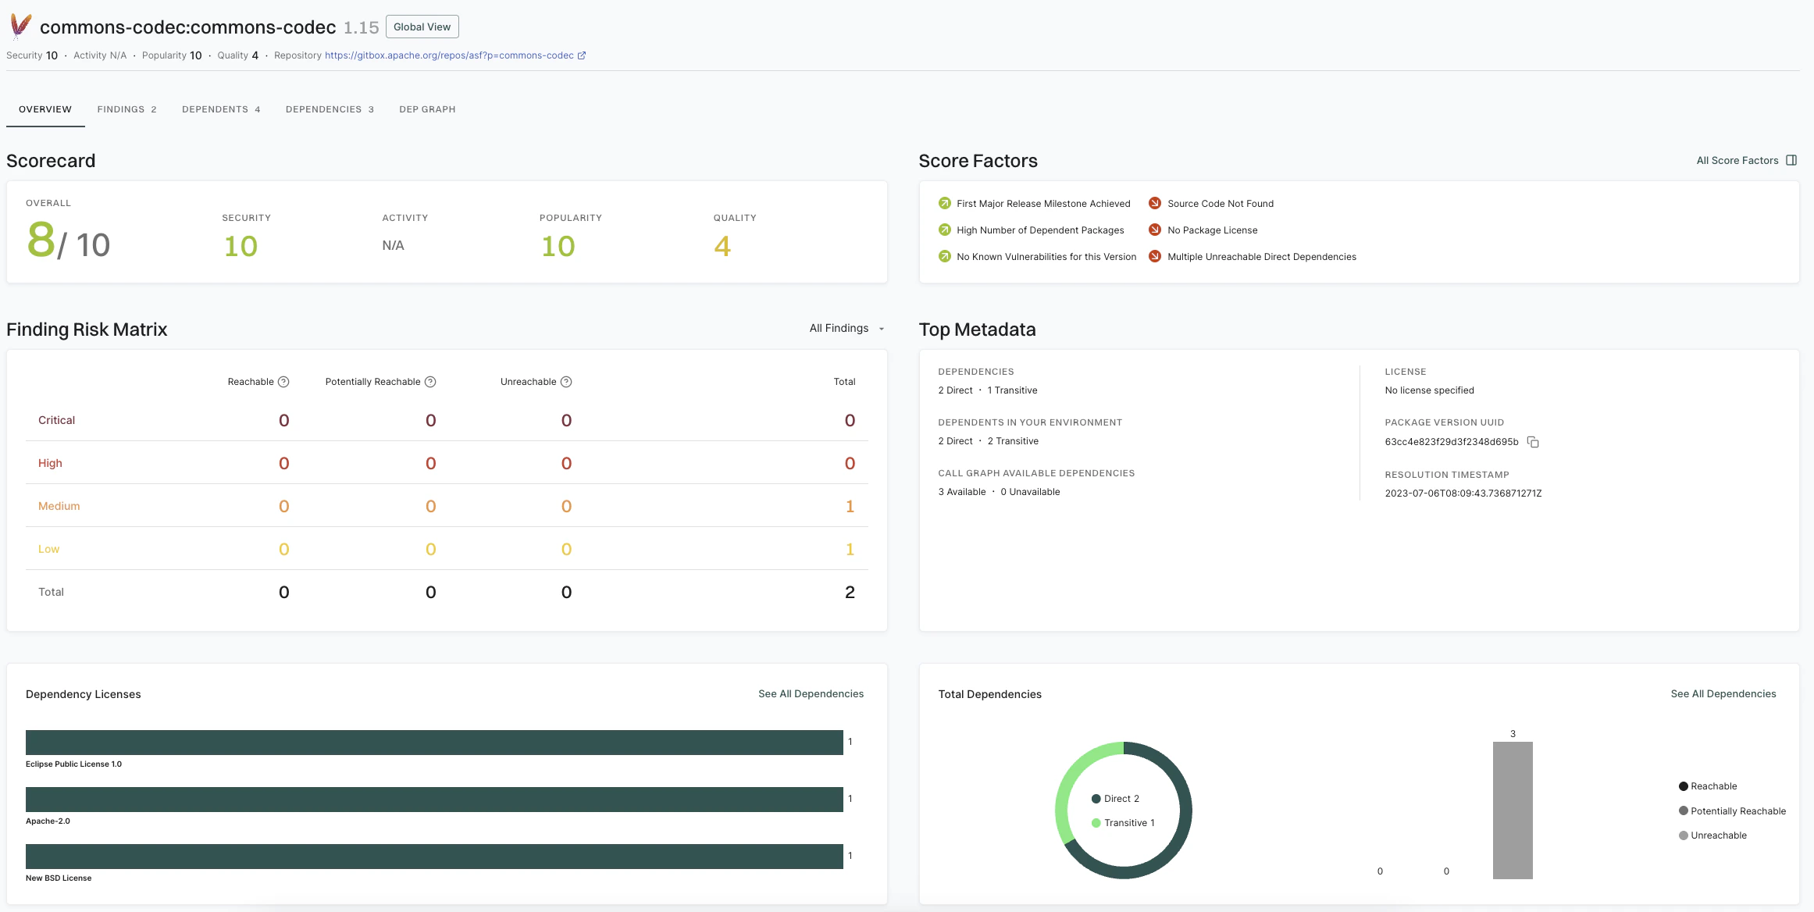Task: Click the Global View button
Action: (422, 27)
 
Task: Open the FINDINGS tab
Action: (127, 109)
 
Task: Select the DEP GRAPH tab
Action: (427, 109)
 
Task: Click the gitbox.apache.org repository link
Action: (449, 55)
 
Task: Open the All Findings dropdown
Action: (846, 329)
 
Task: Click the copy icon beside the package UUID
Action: (1533, 442)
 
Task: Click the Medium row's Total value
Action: (850, 506)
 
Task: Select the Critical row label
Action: (56, 420)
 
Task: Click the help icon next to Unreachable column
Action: (566, 382)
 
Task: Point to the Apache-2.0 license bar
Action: (434, 800)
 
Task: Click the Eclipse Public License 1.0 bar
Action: (434, 743)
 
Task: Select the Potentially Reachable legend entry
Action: (1737, 811)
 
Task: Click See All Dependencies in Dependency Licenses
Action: (811, 694)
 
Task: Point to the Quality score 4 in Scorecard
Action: (722, 247)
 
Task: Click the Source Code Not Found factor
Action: (1220, 204)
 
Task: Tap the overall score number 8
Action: (41, 240)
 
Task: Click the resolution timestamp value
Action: (1463, 493)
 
